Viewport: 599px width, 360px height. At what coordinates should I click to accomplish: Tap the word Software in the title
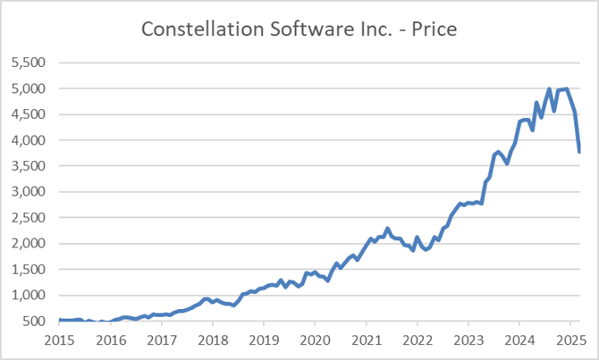[x=298, y=29]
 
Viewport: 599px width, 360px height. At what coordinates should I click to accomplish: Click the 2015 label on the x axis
[x=59, y=340]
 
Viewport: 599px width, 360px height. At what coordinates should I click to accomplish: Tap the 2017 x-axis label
[x=162, y=340]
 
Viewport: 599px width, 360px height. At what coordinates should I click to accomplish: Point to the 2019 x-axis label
[x=264, y=340]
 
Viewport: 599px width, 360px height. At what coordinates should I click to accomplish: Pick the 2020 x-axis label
[x=315, y=340]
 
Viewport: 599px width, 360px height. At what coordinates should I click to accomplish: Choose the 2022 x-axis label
[x=418, y=340]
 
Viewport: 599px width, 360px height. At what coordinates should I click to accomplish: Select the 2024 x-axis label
[x=519, y=340]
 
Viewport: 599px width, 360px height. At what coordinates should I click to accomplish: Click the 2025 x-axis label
[x=570, y=340]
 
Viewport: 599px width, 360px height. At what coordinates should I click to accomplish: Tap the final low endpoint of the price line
[x=579, y=152]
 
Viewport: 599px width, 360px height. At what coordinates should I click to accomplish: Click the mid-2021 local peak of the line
[x=387, y=229]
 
